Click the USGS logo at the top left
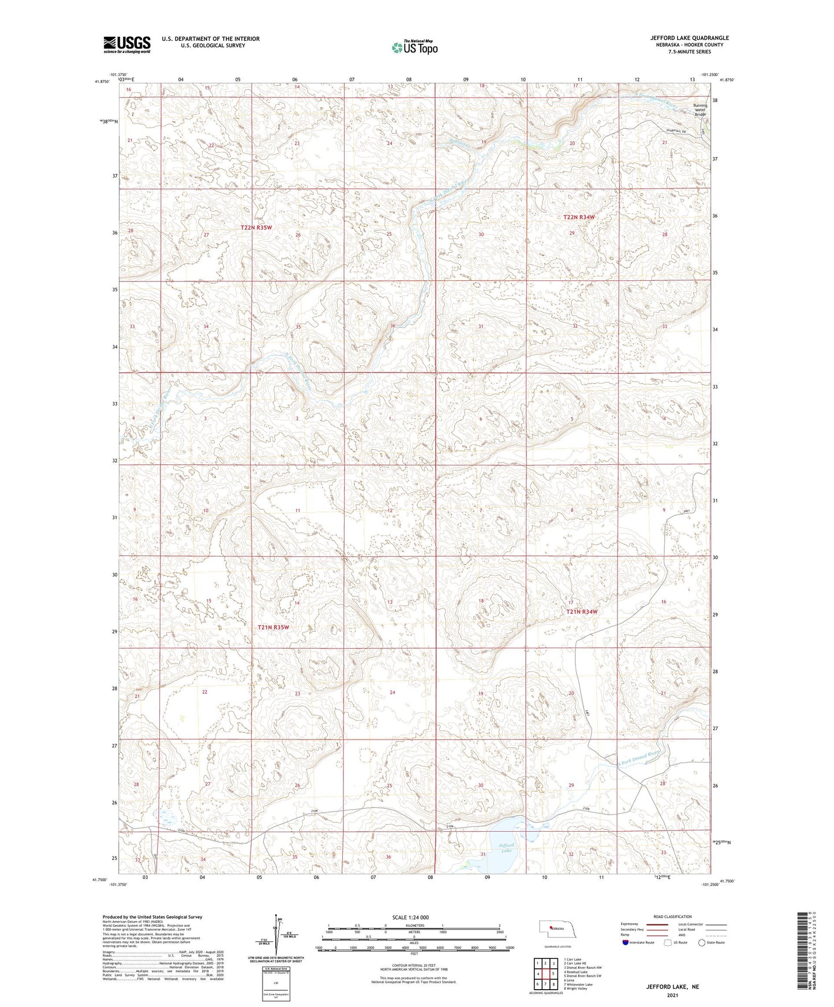127,44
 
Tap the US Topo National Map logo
414,47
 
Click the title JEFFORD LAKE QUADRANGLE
689,38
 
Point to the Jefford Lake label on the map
506,848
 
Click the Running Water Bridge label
700,110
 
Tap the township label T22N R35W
256,228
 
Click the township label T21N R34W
581,612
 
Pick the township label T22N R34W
578,217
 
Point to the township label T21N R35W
273,627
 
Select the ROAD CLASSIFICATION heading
672,916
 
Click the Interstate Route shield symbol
626,943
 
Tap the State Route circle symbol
702,943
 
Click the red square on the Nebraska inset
550,927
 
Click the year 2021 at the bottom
672,995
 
